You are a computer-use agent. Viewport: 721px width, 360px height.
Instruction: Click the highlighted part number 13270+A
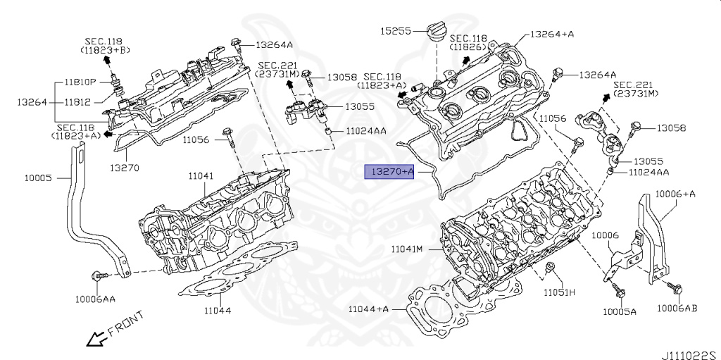[x=388, y=171]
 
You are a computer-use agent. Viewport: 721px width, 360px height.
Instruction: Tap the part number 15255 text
[x=396, y=31]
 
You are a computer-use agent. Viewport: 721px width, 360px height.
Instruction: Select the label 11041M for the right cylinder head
[x=407, y=249]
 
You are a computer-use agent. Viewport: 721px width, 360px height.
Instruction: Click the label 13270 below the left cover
[x=124, y=168]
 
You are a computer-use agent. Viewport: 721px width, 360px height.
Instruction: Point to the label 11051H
[x=559, y=292]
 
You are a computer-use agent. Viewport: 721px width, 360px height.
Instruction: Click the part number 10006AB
[x=677, y=308]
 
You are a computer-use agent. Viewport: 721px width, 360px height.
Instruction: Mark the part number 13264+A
[x=552, y=33]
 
